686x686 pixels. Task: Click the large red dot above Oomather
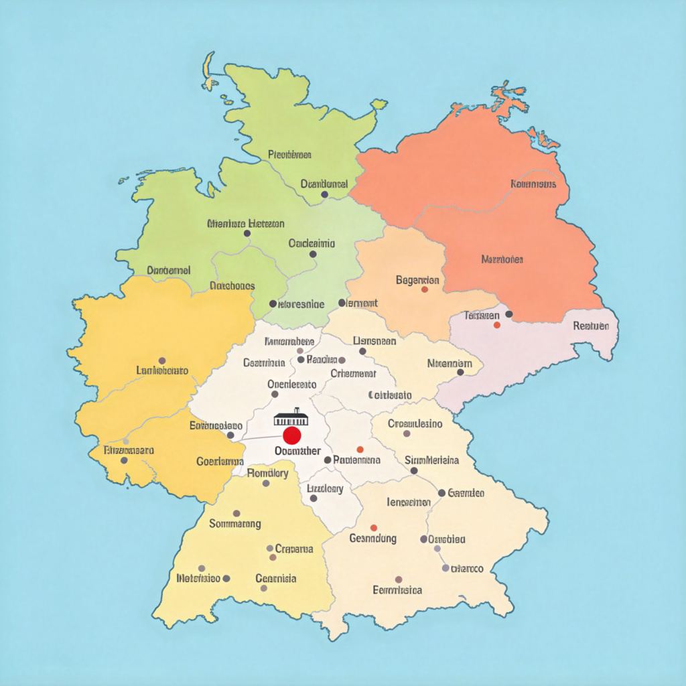click(291, 436)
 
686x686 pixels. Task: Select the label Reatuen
click(592, 326)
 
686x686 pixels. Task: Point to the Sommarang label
click(235, 524)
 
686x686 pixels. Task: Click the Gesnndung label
click(373, 538)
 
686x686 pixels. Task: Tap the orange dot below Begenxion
click(424, 289)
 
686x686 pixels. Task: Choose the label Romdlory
click(268, 473)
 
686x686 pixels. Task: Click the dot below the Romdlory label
click(266, 483)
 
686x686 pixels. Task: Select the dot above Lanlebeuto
click(162, 360)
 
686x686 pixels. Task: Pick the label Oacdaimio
click(312, 244)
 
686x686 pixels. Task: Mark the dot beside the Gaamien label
click(441, 493)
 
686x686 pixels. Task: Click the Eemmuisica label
click(397, 590)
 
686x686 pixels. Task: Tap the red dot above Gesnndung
click(373, 528)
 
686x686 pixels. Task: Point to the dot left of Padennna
click(328, 460)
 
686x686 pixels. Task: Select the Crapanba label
click(294, 549)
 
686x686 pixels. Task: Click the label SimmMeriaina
click(432, 460)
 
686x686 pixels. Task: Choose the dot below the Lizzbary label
click(314, 498)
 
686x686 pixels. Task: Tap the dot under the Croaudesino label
click(407, 433)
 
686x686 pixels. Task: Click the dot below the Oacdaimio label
click(313, 254)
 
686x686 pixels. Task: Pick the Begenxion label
click(418, 280)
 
